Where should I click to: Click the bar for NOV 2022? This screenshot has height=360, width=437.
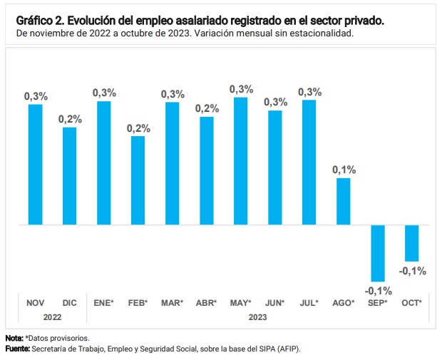coord(35,165)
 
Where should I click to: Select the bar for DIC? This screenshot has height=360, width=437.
coord(69,176)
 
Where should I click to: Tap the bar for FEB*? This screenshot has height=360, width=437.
coord(138,180)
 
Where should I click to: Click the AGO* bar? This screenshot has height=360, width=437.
coord(343,201)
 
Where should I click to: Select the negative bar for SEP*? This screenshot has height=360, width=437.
coord(377,253)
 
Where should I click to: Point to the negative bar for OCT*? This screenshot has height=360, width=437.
coord(411,243)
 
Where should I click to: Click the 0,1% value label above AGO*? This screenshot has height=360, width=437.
coord(344,170)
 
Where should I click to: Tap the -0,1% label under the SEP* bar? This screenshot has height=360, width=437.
coord(378,290)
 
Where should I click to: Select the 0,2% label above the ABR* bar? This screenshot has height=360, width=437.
coord(207,108)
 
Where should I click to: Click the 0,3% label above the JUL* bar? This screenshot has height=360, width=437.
coord(309,92)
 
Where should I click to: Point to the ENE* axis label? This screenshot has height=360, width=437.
coord(104,303)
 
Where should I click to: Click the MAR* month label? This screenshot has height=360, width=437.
coord(172,303)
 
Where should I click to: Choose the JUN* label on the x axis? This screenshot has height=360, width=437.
coord(274,303)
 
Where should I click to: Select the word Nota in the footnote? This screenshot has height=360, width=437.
coord(13,337)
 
